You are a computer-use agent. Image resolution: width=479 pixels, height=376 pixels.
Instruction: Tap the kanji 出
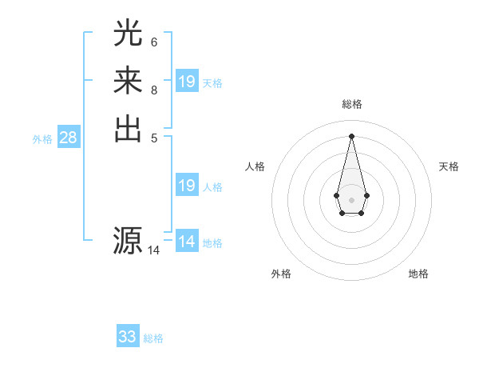(x=129, y=129)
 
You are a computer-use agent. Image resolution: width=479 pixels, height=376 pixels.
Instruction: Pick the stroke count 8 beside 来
(x=154, y=90)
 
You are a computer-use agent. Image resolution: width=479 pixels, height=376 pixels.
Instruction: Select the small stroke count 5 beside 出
(x=154, y=138)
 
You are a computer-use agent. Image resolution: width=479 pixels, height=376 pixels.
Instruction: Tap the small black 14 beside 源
(x=154, y=250)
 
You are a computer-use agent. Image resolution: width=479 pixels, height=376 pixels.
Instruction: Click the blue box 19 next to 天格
(x=187, y=82)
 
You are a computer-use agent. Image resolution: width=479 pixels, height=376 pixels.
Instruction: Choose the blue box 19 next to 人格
(x=187, y=186)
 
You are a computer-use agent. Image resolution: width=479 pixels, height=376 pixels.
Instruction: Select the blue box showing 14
(x=187, y=242)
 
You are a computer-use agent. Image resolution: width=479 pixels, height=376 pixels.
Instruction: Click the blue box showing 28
(x=69, y=138)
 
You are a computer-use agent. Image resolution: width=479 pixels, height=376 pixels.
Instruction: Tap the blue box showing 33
(x=128, y=337)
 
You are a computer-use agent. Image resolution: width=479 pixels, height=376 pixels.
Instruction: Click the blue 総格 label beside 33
(x=153, y=338)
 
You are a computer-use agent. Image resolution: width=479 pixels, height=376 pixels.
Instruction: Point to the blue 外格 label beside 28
(x=42, y=139)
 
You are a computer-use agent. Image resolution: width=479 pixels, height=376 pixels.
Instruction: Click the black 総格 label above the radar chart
(x=351, y=104)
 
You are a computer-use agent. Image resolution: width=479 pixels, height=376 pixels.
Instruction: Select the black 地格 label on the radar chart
(x=418, y=274)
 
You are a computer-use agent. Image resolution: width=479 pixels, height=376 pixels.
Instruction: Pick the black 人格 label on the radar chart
(x=255, y=166)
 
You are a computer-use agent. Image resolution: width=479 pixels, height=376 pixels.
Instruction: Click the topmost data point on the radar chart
(x=351, y=135)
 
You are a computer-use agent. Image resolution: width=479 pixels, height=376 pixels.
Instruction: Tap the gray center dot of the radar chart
(x=351, y=199)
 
